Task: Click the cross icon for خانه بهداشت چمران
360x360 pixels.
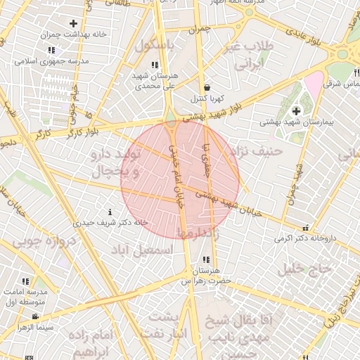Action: click(73, 24)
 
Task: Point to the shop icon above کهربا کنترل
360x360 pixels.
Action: click(206, 87)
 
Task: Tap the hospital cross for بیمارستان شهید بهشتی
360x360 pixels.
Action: click(296, 111)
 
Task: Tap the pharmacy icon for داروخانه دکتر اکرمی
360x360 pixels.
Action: click(305, 227)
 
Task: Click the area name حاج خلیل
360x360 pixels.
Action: click(304, 268)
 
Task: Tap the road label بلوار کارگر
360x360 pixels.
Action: click(89, 130)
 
